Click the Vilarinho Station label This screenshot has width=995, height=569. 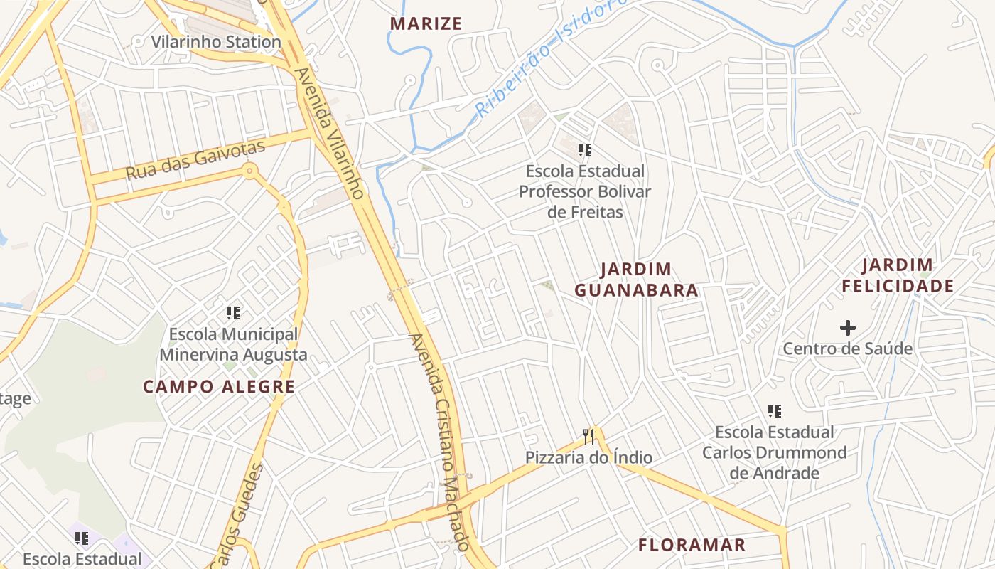click(216, 42)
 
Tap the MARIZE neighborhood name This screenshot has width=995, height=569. click(426, 23)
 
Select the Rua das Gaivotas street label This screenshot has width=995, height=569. click(195, 160)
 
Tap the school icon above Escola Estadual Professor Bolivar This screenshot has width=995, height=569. click(585, 150)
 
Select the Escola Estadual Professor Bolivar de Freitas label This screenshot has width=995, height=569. click(585, 191)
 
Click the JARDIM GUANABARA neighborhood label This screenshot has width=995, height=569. click(636, 280)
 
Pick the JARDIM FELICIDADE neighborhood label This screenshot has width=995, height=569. click(897, 276)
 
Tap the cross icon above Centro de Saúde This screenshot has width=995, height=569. click(847, 328)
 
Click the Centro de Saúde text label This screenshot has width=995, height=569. click(847, 349)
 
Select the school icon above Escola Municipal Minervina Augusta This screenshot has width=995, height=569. click(233, 312)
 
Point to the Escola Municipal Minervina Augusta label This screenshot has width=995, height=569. click(233, 344)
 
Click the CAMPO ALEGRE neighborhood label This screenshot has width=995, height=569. click(219, 387)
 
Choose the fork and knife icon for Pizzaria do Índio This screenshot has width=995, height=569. click(588, 436)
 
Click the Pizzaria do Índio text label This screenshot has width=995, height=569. click(588, 457)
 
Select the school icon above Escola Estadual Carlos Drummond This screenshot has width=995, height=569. click(775, 411)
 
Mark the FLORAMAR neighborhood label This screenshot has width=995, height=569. click(692, 546)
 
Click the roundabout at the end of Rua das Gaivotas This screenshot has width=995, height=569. click(249, 171)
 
